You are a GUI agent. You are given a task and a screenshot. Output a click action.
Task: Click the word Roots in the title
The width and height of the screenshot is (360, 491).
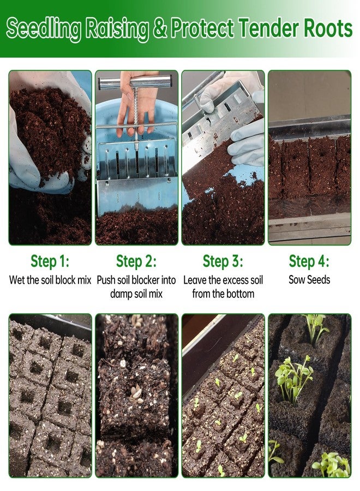(322, 28)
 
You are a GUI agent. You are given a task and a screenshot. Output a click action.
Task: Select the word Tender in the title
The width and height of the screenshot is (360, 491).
(264, 28)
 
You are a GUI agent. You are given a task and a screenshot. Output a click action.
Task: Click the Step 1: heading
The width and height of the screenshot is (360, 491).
(50, 261)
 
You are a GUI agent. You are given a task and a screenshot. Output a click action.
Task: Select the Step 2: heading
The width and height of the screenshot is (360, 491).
(136, 261)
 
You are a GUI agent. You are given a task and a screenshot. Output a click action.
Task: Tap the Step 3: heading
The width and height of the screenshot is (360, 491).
(223, 261)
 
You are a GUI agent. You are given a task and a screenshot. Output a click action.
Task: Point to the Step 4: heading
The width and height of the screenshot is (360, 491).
(309, 261)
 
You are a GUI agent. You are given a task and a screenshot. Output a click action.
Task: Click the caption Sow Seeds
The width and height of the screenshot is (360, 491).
(309, 280)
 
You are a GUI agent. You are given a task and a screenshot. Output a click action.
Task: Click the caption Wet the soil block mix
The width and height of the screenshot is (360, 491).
(50, 280)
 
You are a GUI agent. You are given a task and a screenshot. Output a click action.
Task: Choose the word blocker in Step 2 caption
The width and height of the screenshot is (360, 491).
(146, 280)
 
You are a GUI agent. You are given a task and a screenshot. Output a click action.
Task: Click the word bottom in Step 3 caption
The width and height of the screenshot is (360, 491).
(241, 294)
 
